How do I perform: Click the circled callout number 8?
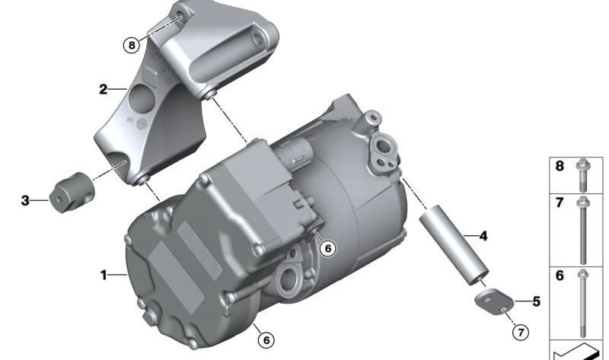[131, 45]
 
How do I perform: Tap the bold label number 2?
[103, 89]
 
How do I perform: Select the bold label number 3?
[25, 200]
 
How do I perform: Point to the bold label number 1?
[104, 275]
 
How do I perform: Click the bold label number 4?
[483, 236]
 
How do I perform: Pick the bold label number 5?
[537, 301]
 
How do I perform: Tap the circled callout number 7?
[521, 332]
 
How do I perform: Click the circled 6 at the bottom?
[266, 340]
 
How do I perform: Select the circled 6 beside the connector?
[328, 248]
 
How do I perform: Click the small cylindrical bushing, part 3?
[72, 193]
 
